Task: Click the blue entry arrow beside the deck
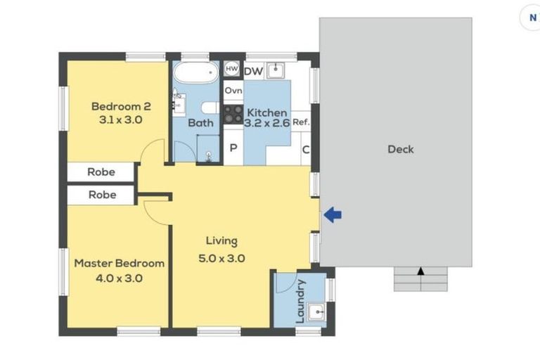tap(333, 216)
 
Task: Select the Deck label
tap(400, 149)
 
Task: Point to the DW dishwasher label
tap(253, 70)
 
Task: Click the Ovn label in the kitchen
tap(233, 91)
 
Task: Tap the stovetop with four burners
tap(233, 114)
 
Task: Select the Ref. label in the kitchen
tap(301, 122)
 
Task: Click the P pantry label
tap(233, 149)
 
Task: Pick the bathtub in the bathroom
tap(196, 73)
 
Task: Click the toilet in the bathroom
tap(208, 108)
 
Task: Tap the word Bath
tap(200, 123)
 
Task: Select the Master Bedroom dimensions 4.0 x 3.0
tap(119, 278)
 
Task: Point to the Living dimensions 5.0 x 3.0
tap(221, 258)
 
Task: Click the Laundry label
tap(301, 301)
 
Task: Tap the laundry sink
tap(318, 311)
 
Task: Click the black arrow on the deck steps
tap(420, 271)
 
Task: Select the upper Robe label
tap(101, 172)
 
